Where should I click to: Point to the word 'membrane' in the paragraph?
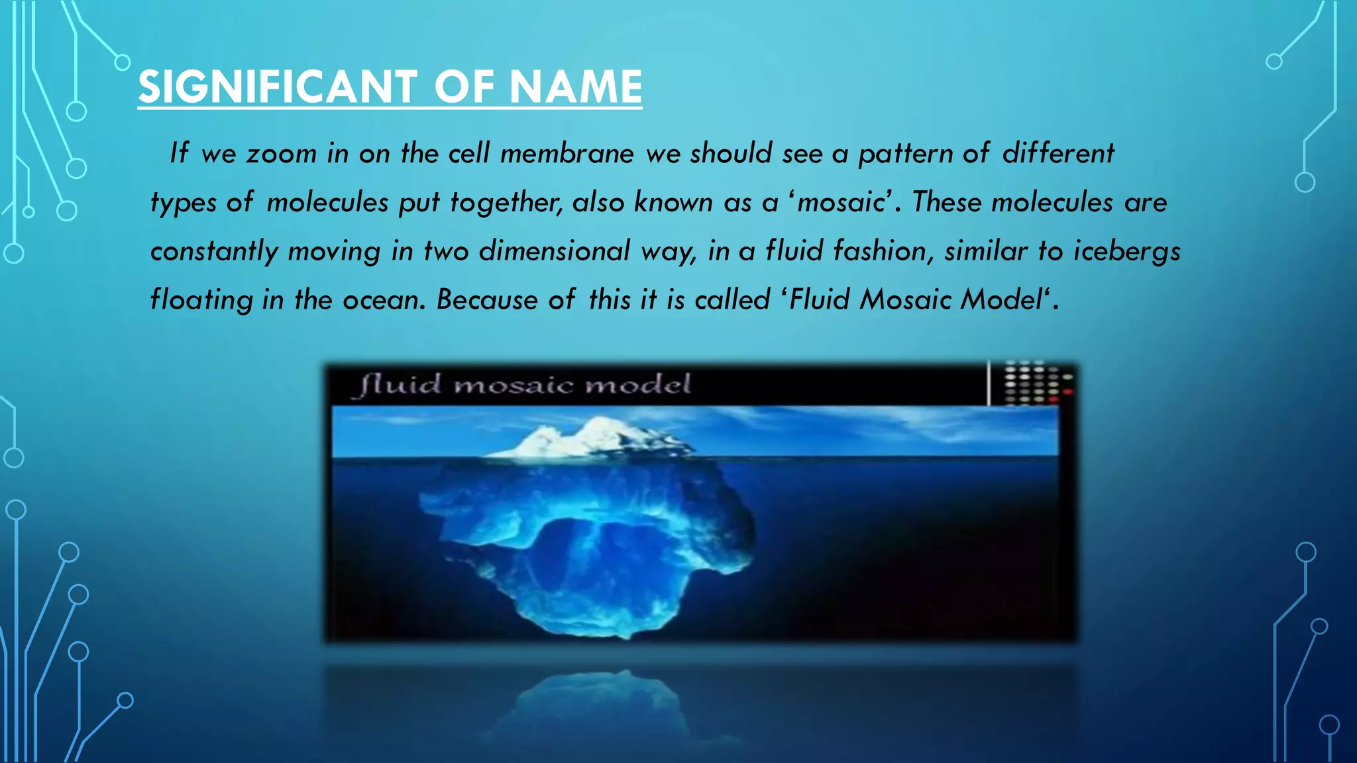tap(567, 154)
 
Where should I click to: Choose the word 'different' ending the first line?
tap(1058, 154)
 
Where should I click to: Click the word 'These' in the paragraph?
tap(947, 203)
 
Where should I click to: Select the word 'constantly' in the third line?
tap(214, 252)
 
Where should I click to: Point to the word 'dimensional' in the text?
tap(554, 252)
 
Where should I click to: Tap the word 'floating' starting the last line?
tap(201, 300)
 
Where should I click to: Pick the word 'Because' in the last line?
tap(487, 300)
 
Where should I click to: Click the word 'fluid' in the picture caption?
tap(400, 385)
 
